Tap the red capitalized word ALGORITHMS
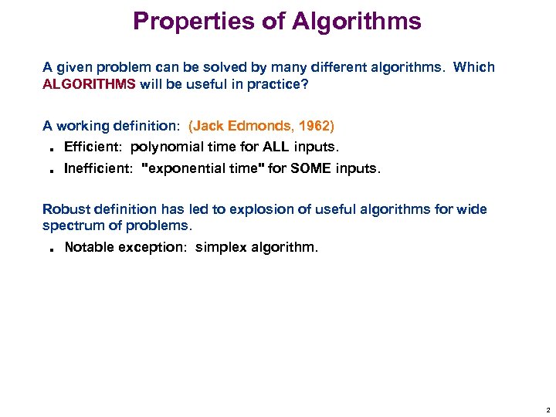click(x=89, y=85)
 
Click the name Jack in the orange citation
click(x=208, y=126)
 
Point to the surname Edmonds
click(x=260, y=126)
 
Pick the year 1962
click(x=314, y=126)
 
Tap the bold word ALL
click(x=275, y=147)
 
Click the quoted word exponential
click(x=182, y=168)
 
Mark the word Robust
click(x=65, y=209)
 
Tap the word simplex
click(x=221, y=247)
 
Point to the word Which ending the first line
click(x=474, y=67)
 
